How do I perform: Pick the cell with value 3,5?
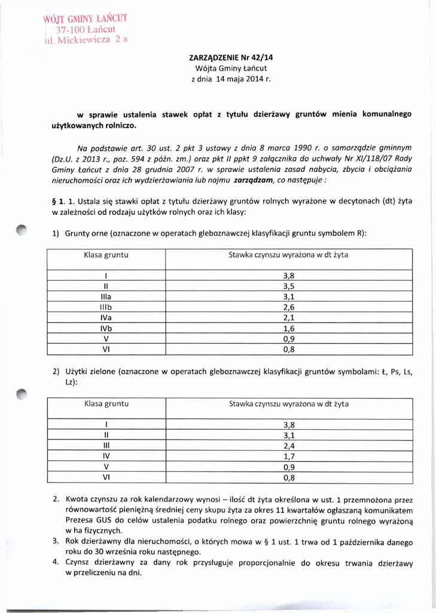288,286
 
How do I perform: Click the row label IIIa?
106,296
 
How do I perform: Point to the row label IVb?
106,328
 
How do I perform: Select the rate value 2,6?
288,306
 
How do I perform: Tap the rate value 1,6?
288,328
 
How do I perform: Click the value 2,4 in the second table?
288,445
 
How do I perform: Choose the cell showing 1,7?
288,456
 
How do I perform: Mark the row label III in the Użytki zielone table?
106,445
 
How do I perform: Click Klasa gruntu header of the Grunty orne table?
106,255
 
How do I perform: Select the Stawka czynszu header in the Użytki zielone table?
288,404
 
